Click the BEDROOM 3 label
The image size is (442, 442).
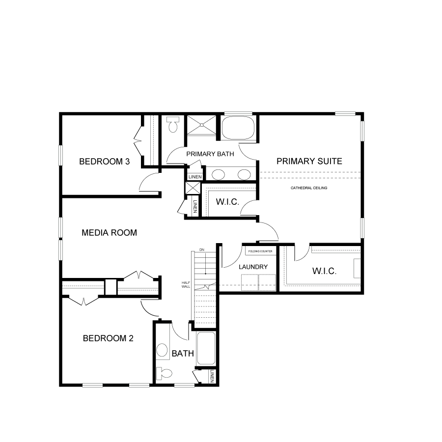[104, 162]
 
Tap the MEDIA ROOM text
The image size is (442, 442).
[110, 233]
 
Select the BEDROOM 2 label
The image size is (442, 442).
[108, 338]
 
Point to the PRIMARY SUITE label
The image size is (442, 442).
[309, 161]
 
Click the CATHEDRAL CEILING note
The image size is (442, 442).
[309, 188]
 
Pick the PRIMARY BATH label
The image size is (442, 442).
[210, 154]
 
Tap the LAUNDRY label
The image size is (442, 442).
[253, 267]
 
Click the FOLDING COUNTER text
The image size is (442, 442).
[260, 251]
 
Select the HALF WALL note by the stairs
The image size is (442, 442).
[186, 285]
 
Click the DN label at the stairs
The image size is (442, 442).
[202, 250]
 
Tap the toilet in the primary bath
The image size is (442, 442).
[172, 125]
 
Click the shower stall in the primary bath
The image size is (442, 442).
[202, 125]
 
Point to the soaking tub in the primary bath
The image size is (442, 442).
[238, 128]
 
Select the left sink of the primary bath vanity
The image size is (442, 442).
[218, 175]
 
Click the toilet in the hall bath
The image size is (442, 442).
[164, 373]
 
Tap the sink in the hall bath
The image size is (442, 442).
[162, 350]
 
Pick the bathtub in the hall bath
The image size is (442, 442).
[206, 348]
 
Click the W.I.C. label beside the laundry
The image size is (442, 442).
[324, 271]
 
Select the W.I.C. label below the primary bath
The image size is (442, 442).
[227, 202]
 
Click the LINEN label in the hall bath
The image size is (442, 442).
[212, 376]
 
